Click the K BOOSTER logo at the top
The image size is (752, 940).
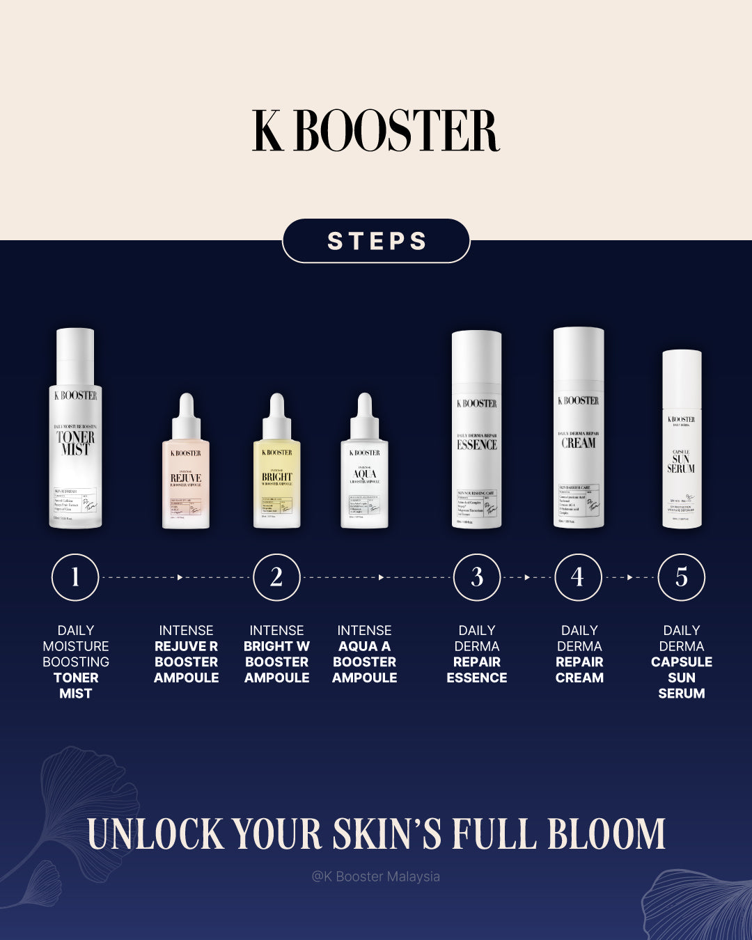tap(376, 131)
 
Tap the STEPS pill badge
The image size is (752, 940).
tap(376, 241)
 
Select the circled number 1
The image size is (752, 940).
tap(75, 577)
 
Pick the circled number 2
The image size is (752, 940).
tap(276, 577)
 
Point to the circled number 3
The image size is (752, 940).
tap(477, 577)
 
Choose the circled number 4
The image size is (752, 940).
tap(578, 577)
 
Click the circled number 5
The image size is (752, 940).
tap(682, 577)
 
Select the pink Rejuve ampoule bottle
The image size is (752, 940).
tap(186, 473)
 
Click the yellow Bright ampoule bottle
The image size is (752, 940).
tap(277, 473)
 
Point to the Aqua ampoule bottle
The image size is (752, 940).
tap(364, 473)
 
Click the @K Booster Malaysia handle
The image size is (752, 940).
tap(376, 877)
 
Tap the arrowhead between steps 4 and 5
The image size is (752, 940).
tap(630, 577)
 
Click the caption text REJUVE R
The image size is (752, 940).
tap(186, 646)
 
